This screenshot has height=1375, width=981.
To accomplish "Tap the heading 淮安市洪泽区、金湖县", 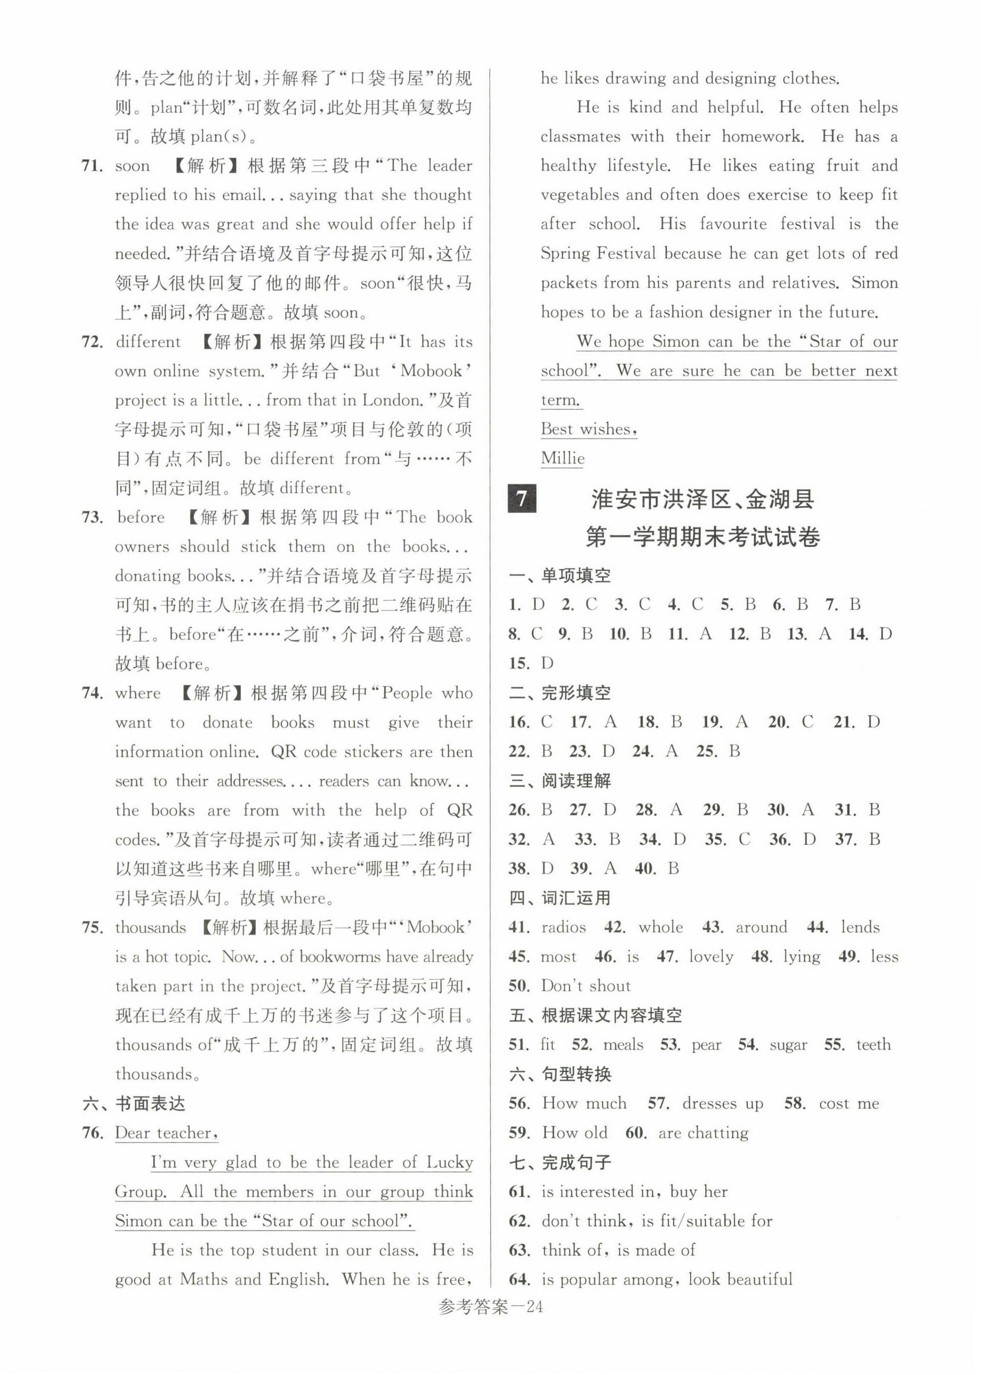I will tap(703, 500).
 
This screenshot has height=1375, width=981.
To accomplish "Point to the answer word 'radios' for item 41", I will tap(563, 927).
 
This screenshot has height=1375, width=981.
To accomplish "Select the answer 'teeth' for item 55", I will tap(873, 1045).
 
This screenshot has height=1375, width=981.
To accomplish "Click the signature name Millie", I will tap(562, 458).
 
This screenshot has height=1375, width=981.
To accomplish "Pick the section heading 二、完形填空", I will tap(560, 693).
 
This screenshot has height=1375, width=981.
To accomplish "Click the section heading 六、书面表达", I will tap(133, 1104).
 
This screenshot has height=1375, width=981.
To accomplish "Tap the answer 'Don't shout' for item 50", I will tap(585, 986).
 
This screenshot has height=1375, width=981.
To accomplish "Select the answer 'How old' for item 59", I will tap(575, 1133).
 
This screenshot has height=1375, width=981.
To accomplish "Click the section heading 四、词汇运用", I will tap(560, 898).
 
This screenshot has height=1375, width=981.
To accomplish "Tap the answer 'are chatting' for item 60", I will tap(703, 1133).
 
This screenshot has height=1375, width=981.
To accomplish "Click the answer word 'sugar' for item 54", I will tap(788, 1045).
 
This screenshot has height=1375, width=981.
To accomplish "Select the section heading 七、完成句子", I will tap(560, 1162).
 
